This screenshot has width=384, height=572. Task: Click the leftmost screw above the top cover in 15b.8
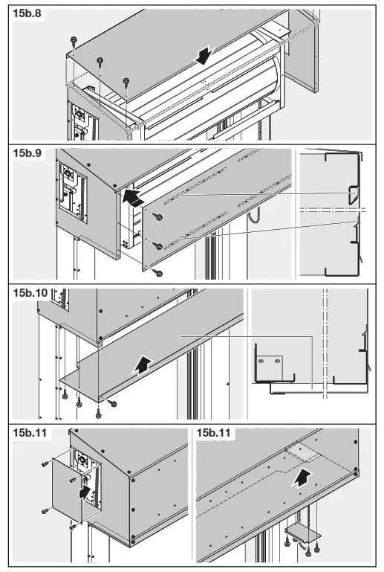click(x=74, y=39)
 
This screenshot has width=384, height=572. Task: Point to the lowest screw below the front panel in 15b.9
click(x=158, y=273)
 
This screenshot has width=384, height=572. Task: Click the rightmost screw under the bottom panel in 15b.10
click(x=113, y=402)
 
